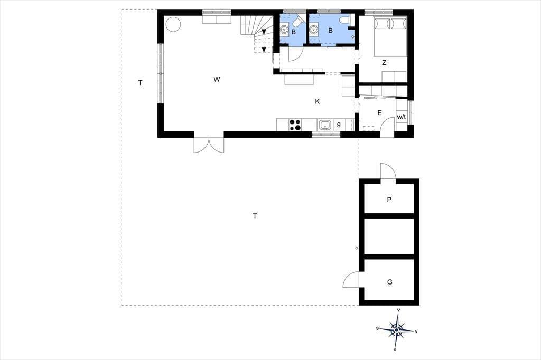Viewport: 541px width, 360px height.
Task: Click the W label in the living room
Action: point(217,79)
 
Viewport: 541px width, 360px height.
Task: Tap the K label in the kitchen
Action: point(318,101)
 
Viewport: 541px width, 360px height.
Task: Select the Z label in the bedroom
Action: point(384,63)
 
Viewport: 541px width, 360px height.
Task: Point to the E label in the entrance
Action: point(379,113)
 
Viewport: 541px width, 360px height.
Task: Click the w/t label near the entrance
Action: point(402,117)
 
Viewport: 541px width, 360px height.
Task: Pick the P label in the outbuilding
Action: point(389,200)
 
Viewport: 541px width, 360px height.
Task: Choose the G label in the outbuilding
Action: point(390,282)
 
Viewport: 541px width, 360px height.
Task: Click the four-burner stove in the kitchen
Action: point(295,125)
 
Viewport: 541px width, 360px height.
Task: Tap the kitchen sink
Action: point(325,125)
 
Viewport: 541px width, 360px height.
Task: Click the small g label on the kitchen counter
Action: point(339,124)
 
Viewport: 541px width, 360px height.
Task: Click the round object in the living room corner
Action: point(173,24)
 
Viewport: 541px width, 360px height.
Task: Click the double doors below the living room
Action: point(209,145)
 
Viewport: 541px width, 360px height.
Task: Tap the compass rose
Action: point(397,330)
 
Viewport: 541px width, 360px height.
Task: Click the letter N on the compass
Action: point(416,332)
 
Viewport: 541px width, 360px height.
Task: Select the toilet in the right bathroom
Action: point(345,20)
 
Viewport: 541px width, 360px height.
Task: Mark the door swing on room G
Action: point(351,279)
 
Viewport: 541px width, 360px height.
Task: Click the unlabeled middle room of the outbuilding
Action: point(389,236)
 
